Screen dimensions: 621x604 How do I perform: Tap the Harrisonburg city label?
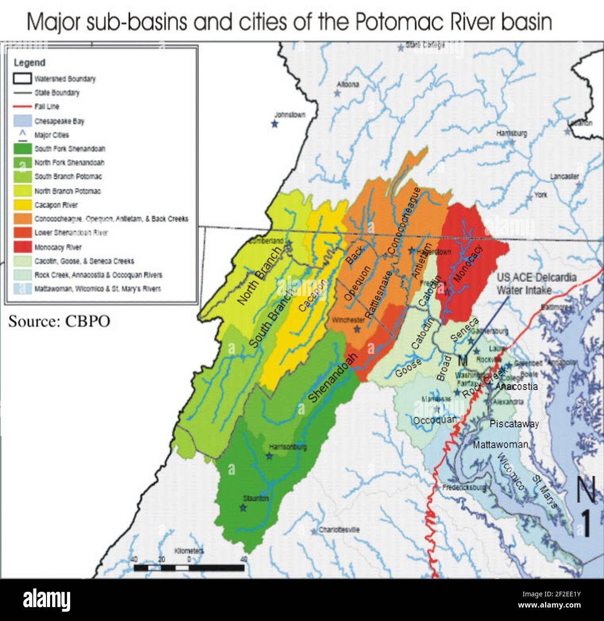[288, 447]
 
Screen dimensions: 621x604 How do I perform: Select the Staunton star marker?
[243, 507]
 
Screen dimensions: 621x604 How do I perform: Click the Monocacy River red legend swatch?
[22, 247]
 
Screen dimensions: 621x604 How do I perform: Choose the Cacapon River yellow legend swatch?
[22, 205]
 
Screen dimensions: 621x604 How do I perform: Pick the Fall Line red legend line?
[22, 107]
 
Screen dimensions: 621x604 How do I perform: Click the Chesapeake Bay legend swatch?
[22, 121]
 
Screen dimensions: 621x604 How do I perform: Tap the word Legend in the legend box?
[29, 63]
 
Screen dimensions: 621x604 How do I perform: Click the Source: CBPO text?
[59, 321]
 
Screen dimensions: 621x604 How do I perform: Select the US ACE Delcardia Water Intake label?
[536, 284]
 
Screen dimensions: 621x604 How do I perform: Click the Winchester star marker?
[357, 329]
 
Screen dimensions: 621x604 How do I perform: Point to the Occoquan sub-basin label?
[434, 420]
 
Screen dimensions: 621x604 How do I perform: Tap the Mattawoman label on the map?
[500, 445]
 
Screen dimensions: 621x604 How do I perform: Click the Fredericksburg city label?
[464, 488]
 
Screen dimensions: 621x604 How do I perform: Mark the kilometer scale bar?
[189, 568]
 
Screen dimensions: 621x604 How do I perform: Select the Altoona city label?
[348, 85]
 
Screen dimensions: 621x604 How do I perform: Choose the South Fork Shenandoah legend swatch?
[22, 149]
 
